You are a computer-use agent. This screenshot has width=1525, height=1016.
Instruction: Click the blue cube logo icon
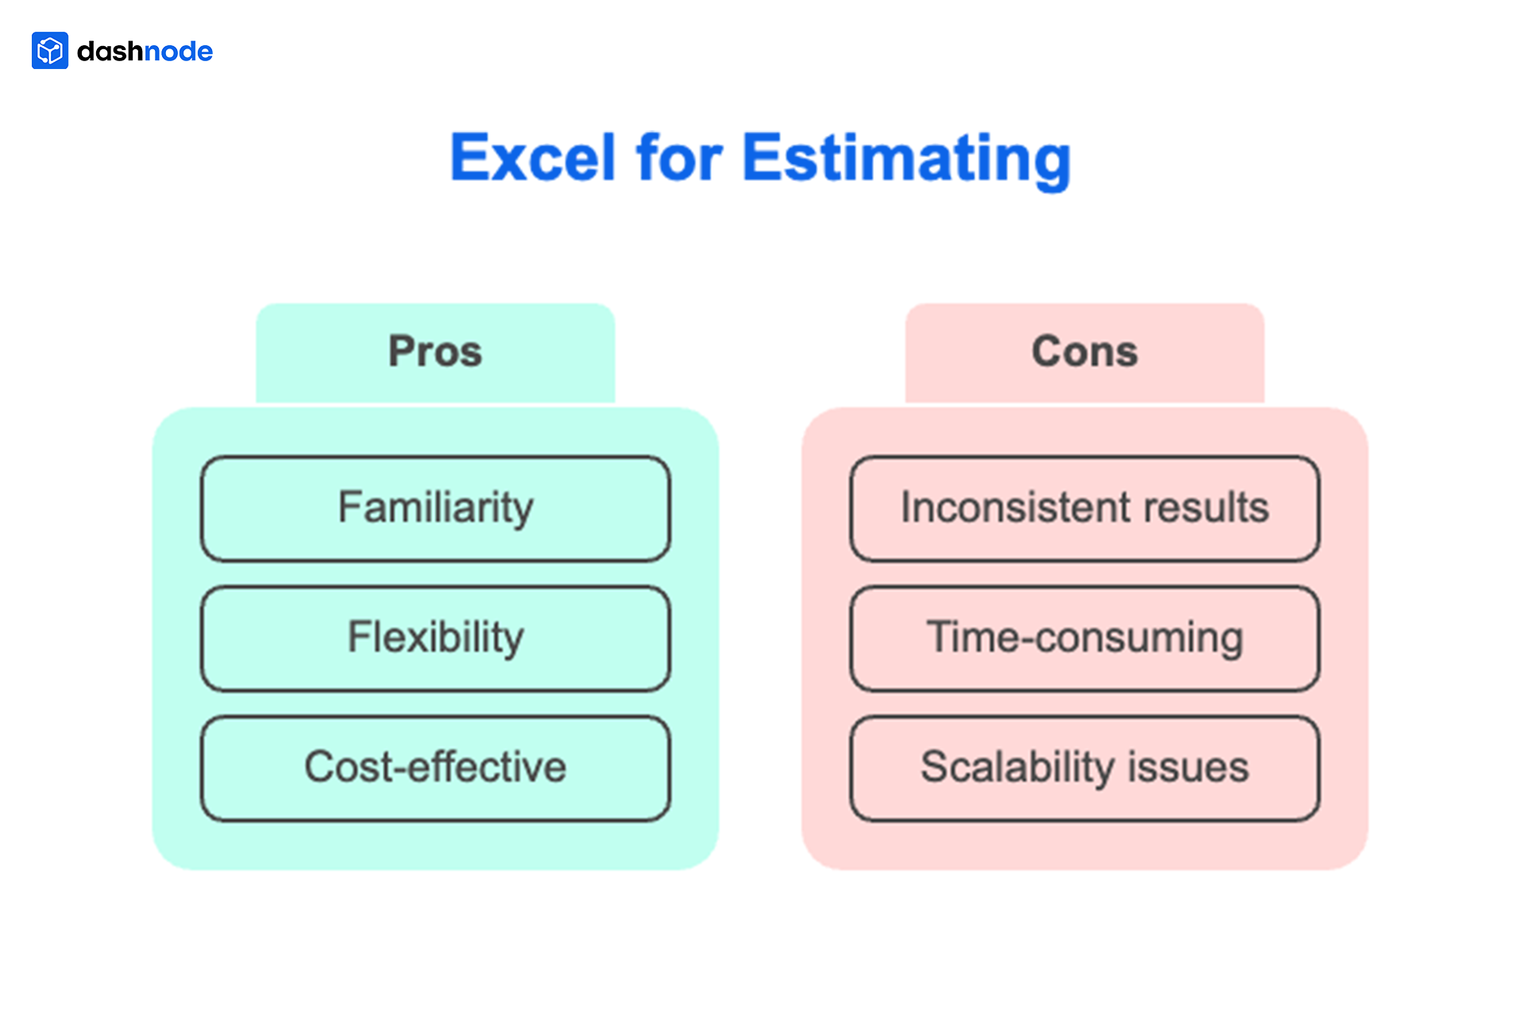coord(49,51)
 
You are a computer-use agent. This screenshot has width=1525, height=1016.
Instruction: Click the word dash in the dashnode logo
coord(110,52)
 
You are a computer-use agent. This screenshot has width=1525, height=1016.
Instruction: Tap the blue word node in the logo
coord(179,52)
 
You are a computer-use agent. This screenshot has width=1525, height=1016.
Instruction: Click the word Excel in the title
coord(533,158)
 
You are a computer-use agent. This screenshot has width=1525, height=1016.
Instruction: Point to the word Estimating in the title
coord(906,160)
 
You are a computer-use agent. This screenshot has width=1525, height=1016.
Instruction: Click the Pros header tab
coord(435,352)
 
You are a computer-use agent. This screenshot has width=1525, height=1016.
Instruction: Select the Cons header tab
coord(1084,352)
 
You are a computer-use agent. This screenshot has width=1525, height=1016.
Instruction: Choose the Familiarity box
coord(435,509)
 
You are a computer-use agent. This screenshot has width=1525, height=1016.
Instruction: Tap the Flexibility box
coord(435,638)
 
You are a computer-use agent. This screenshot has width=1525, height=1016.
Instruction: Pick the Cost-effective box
coord(435,768)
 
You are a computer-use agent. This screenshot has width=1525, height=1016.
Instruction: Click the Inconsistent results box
coord(1084,509)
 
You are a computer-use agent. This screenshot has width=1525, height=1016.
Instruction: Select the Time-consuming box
coord(1084,638)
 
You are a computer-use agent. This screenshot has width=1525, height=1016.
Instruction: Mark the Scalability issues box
coord(1084,768)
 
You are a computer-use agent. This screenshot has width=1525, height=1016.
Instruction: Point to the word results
coord(1205,508)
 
